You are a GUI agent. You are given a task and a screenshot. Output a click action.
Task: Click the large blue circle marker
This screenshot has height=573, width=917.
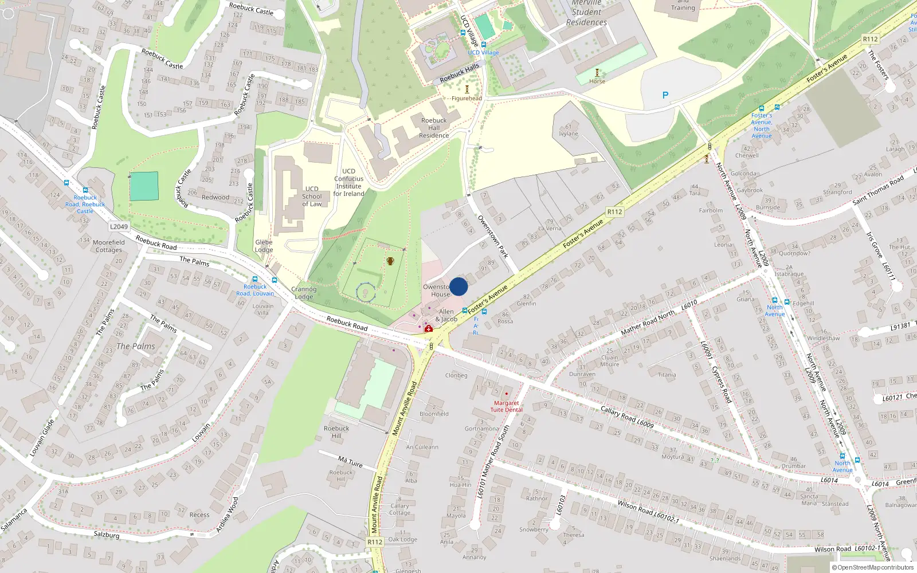[x=458, y=286]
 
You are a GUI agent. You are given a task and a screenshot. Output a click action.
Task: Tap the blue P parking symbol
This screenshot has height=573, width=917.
[x=665, y=95]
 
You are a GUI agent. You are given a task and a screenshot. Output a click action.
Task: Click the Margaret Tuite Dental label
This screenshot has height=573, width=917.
[x=507, y=406]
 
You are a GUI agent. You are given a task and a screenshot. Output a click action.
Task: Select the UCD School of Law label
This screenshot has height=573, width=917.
[x=312, y=197]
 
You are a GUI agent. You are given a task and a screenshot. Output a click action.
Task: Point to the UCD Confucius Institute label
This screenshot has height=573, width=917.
[x=348, y=182]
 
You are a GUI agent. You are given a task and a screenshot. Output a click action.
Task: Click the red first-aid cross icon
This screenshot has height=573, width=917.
[x=428, y=329]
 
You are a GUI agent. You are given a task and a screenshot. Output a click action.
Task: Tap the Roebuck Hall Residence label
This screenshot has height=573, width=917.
[x=434, y=128]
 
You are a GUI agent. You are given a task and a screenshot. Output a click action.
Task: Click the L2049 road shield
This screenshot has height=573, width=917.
[x=119, y=226]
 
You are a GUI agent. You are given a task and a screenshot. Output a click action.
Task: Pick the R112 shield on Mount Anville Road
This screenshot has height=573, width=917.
[x=375, y=541]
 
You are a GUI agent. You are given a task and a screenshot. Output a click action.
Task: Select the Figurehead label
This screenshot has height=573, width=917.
[x=467, y=99]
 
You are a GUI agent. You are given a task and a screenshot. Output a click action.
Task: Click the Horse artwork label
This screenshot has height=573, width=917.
[x=597, y=81]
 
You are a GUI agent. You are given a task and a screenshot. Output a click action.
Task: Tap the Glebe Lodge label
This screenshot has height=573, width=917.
[x=264, y=246]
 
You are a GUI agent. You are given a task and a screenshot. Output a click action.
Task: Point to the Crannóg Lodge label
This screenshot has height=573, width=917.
[x=304, y=293]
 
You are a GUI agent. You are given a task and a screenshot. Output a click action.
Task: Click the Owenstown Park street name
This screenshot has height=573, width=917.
[x=493, y=236]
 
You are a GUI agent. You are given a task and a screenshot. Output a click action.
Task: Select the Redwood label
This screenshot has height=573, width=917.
[x=215, y=197]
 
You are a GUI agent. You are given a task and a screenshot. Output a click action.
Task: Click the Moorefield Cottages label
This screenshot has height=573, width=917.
[x=108, y=246]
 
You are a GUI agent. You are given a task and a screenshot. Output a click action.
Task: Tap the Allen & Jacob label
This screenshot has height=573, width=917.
[x=446, y=316]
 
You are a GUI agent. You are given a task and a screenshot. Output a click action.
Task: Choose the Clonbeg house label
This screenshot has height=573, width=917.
[x=456, y=375]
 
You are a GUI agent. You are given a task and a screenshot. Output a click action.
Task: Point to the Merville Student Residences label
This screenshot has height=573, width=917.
[x=586, y=13]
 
